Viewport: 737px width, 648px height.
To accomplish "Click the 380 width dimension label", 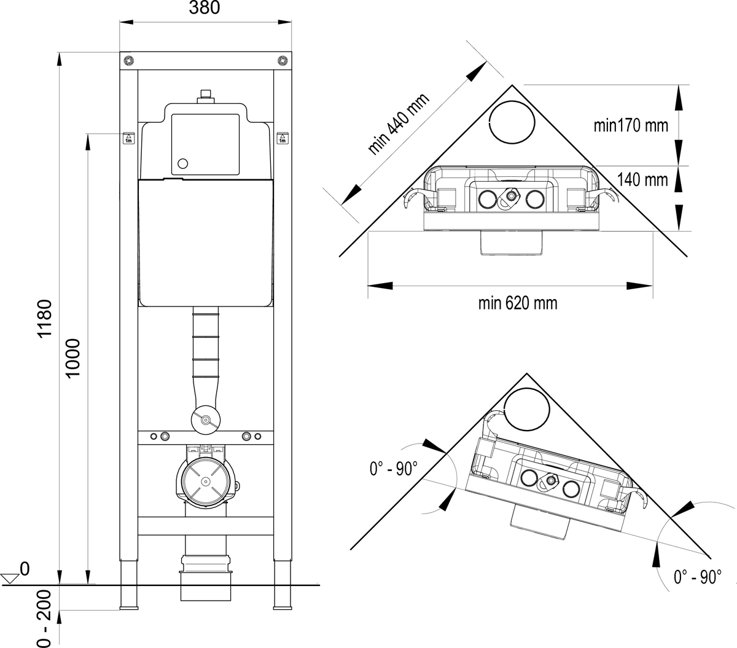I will click(205, 8).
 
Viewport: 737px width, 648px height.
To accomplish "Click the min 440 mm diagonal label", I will click(398, 125).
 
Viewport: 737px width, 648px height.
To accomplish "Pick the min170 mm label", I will click(630, 126).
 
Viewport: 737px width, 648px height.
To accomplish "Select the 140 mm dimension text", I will click(642, 180).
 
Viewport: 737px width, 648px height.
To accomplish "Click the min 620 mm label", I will click(518, 303).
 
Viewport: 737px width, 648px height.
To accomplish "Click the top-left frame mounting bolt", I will click(128, 60).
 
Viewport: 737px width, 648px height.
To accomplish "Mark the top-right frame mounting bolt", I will click(282, 60).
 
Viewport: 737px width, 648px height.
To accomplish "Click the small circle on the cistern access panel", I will click(182, 164).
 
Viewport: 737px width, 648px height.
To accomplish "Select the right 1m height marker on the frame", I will click(282, 138).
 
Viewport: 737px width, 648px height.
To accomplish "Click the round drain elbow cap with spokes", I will click(205, 479).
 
